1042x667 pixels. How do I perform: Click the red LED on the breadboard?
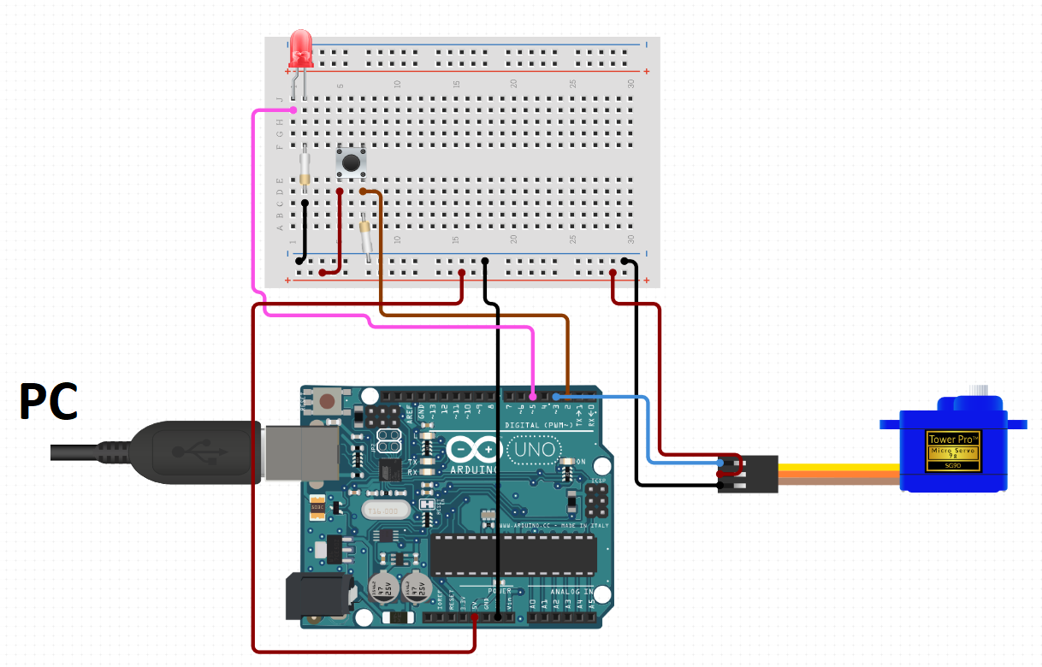coord(300,49)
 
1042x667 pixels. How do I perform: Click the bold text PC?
coord(49,401)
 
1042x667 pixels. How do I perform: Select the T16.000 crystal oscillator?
coord(381,511)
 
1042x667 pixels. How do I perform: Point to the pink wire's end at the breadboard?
coord(293,110)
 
